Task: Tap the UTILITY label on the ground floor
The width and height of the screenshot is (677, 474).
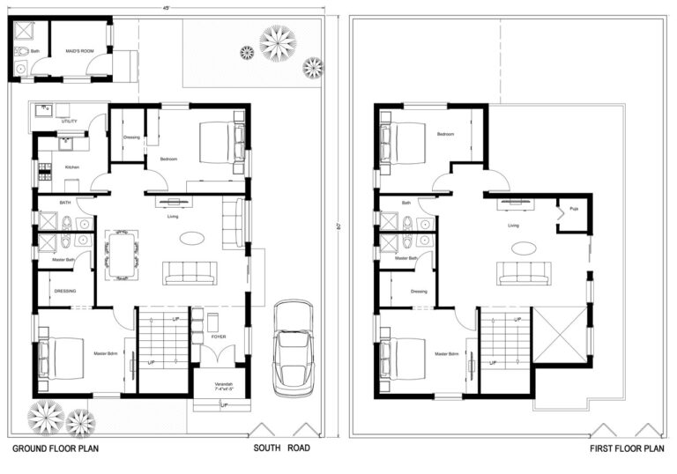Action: (x=70, y=121)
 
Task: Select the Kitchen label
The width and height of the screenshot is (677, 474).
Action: (x=72, y=167)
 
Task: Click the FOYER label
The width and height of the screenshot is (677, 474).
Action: (x=219, y=337)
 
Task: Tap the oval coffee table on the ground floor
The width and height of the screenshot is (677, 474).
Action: (x=190, y=237)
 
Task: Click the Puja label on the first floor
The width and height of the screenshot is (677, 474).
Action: (x=573, y=210)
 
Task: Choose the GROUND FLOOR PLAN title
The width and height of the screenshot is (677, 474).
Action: (x=55, y=449)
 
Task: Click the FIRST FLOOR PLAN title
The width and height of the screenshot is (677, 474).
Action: (x=626, y=449)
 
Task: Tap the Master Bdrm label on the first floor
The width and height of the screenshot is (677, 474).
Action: (x=446, y=354)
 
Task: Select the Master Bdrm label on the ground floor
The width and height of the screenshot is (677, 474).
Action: (x=106, y=354)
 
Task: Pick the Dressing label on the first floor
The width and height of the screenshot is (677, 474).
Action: (x=419, y=292)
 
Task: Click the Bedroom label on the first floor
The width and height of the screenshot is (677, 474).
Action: (x=445, y=134)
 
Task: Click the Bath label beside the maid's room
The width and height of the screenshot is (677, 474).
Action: (x=35, y=51)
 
